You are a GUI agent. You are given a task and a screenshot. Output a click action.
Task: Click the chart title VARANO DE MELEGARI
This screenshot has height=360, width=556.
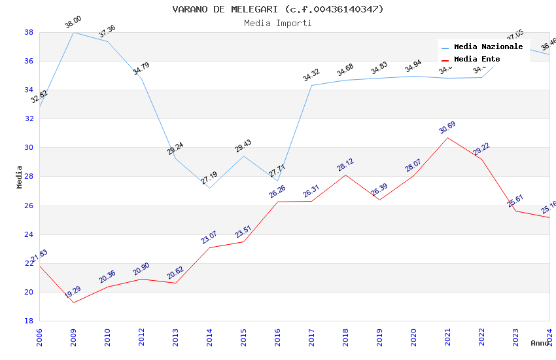[x=277, y=9]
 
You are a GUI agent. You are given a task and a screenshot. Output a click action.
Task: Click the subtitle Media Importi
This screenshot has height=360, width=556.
[x=277, y=24]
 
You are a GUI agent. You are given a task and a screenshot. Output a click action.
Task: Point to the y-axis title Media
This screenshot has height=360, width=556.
[x=20, y=177]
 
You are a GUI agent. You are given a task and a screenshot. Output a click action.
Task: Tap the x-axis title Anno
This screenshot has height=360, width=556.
[x=540, y=343]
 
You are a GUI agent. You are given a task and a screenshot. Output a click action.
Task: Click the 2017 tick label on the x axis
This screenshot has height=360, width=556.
[x=311, y=338]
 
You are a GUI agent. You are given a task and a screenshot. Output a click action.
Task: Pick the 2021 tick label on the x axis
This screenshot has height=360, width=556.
[x=447, y=338]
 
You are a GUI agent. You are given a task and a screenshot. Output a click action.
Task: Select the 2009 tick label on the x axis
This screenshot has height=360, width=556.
[x=73, y=338]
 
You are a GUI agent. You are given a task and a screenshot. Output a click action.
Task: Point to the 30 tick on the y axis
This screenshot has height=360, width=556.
[x=29, y=148]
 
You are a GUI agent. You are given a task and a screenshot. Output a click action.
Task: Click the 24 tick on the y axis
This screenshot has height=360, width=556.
[x=29, y=234]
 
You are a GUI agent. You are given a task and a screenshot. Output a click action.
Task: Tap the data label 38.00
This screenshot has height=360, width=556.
[x=73, y=24]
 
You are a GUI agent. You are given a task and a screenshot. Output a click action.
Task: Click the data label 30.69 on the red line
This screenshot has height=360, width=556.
[x=447, y=128]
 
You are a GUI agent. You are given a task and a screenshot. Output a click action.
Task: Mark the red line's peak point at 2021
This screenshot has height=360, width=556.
[x=447, y=137]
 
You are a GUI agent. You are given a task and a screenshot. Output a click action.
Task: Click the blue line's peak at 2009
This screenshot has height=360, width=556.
[x=73, y=32]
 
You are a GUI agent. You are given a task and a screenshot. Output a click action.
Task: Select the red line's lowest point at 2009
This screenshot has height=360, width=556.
[x=73, y=302]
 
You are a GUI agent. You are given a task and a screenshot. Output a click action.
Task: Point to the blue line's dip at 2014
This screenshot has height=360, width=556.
[x=209, y=188]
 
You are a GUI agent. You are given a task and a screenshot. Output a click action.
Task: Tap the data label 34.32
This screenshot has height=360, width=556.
[x=311, y=75]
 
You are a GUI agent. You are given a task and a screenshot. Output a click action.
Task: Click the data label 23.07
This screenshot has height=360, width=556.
[x=209, y=237]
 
